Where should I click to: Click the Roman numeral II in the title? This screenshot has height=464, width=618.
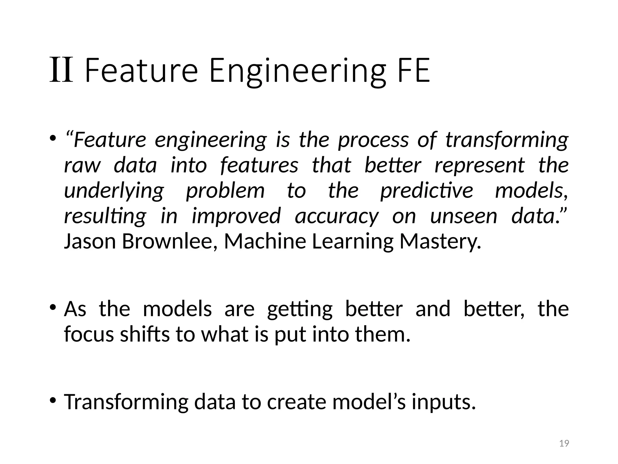(61, 70)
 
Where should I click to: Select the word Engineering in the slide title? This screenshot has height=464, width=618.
(297, 71)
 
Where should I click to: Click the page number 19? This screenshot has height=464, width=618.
(564, 443)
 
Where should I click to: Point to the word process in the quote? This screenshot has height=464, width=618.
(373, 140)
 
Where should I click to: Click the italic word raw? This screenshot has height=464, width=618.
(82, 166)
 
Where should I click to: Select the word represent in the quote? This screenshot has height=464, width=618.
(479, 166)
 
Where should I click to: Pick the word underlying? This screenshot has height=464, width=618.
(114, 191)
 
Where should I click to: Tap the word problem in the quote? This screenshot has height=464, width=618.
(225, 191)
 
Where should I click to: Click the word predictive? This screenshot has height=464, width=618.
(426, 191)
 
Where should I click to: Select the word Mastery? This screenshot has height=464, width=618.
(440, 242)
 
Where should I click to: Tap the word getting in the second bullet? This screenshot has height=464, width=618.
(300, 310)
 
